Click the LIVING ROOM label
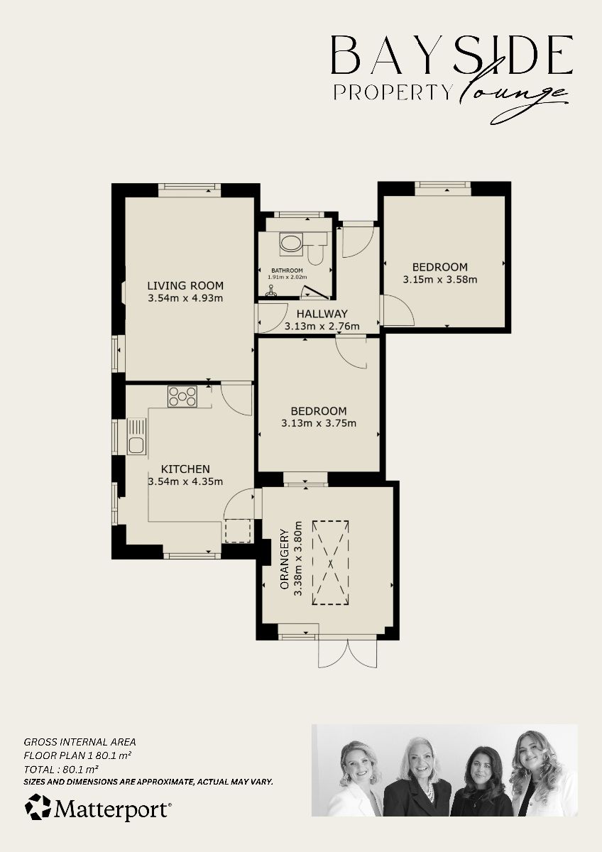point(185,286)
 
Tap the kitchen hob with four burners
point(182,396)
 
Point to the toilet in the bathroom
point(317,251)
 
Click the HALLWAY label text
point(322,314)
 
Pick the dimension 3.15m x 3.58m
point(439,279)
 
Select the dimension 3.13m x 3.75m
point(319,423)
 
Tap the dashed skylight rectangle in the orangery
point(330,562)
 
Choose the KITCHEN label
point(185,469)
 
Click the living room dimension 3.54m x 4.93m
point(185,298)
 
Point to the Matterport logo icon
point(38,807)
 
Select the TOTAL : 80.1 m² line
point(61,768)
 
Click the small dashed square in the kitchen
point(238,531)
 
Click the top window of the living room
point(190,188)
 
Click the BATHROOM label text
point(288,271)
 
